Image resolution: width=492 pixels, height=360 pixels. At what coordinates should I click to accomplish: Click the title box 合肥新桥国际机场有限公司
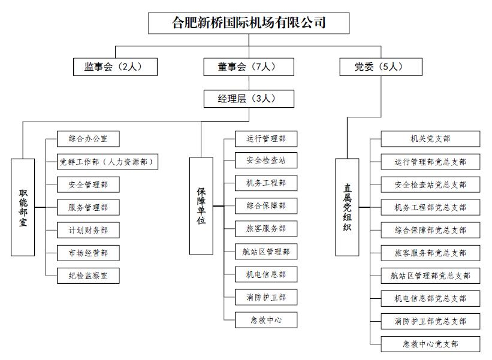(249, 23)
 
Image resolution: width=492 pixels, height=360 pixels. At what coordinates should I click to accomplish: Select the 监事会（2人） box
(115, 67)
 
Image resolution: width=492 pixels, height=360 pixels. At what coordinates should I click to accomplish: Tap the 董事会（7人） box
(249, 67)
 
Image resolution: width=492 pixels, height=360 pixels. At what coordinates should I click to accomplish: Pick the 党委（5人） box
(381, 67)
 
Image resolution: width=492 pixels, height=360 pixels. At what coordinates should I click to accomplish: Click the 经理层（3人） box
(249, 99)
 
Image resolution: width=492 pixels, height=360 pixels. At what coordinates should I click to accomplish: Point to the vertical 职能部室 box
(23, 207)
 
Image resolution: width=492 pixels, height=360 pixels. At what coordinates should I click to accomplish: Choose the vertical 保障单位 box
(201, 205)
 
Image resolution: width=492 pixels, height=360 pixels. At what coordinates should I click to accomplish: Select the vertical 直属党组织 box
(347, 207)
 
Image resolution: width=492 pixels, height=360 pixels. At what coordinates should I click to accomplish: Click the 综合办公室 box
(88, 139)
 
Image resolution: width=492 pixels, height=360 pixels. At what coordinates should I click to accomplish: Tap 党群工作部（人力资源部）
(107, 162)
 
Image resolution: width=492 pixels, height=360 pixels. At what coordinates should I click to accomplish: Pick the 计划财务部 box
(88, 230)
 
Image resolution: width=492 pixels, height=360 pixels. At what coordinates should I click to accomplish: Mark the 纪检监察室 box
(88, 276)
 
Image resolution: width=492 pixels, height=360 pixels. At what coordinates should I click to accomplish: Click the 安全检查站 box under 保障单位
(266, 161)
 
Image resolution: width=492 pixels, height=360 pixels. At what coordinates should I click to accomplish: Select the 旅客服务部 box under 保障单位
(266, 229)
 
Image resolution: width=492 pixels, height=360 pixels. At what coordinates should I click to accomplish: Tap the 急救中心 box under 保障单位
(266, 320)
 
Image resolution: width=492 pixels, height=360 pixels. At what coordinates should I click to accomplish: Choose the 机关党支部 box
(430, 139)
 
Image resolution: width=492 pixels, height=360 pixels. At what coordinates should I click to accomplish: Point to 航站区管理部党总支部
(430, 276)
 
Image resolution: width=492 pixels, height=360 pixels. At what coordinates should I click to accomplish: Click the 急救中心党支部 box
(430, 344)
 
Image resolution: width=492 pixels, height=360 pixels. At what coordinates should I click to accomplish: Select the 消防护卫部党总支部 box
(430, 321)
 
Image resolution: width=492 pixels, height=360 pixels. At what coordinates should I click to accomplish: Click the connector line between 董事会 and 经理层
(249, 83)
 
